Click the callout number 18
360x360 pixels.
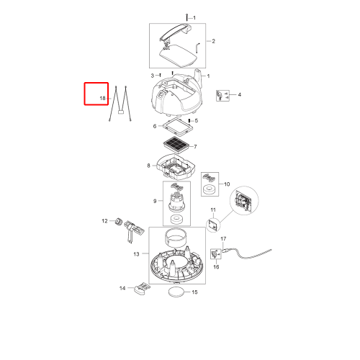(102, 98)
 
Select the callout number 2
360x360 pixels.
(213, 41)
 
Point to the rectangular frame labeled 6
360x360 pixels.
(175, 127)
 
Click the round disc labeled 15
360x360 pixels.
(177, 292)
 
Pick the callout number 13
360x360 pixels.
(136, 254)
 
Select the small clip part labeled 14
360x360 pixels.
(142, 288)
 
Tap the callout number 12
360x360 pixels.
(104, 221)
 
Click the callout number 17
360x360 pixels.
(223, 239)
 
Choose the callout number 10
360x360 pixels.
(227, 184)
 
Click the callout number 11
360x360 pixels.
(213, 210)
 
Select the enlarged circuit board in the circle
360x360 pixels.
(244, 201)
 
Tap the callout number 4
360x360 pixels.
(240, 95)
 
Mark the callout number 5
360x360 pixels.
(197, 120)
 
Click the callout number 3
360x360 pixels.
(153, 76)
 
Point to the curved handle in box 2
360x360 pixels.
(176, 32)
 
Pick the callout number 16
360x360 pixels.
(216, 267)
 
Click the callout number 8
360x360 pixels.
(148, 166)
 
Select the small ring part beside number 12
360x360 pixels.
(118, 221)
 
